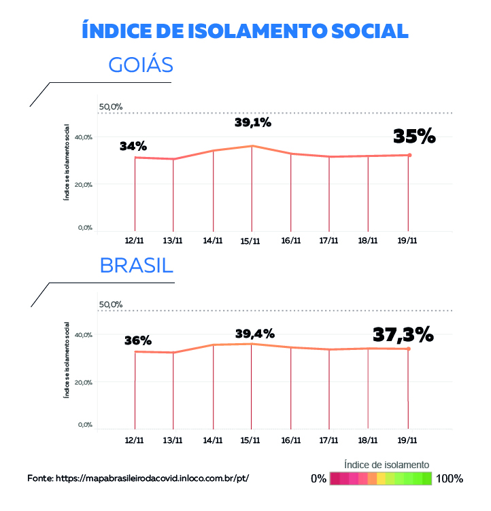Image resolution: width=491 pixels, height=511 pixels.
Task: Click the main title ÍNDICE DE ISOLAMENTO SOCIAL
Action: [x=245, y=31]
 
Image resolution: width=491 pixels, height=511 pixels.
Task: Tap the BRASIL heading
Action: [x=136, y=265]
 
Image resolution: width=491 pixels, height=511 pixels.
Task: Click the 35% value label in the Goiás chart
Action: [x=414, y=136]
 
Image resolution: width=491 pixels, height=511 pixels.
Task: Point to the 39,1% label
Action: [x=253, y=123]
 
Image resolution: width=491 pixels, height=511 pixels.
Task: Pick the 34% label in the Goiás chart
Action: [x=133, y=146]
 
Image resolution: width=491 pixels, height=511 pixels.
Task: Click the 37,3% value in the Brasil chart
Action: [x=403, y=334]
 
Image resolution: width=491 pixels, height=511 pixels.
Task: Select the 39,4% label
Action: [x=255, y=334]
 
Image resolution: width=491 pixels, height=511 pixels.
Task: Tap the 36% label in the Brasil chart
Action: [x=138, y=340]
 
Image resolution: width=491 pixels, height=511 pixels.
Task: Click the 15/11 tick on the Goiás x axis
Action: [x=251, y=241]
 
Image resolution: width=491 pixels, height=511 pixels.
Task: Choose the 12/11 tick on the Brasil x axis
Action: [x=135, y=440]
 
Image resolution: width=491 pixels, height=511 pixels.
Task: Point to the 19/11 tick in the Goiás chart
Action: [x=408, y=241]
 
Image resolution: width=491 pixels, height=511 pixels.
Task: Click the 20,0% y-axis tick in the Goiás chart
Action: [x=84, y=184]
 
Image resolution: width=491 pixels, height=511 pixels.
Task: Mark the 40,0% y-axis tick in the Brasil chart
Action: [x=84, y=335]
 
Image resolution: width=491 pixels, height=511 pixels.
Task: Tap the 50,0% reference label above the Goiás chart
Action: [x=111, y=107]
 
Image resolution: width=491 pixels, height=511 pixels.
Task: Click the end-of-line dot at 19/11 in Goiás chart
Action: [x=409, y=155]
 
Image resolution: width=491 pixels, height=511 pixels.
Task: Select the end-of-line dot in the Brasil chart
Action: [x=409, y=349]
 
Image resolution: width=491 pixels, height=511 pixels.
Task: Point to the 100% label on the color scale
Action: [x=450, y=478]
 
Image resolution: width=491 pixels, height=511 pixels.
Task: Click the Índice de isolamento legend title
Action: [x=386, y=464]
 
